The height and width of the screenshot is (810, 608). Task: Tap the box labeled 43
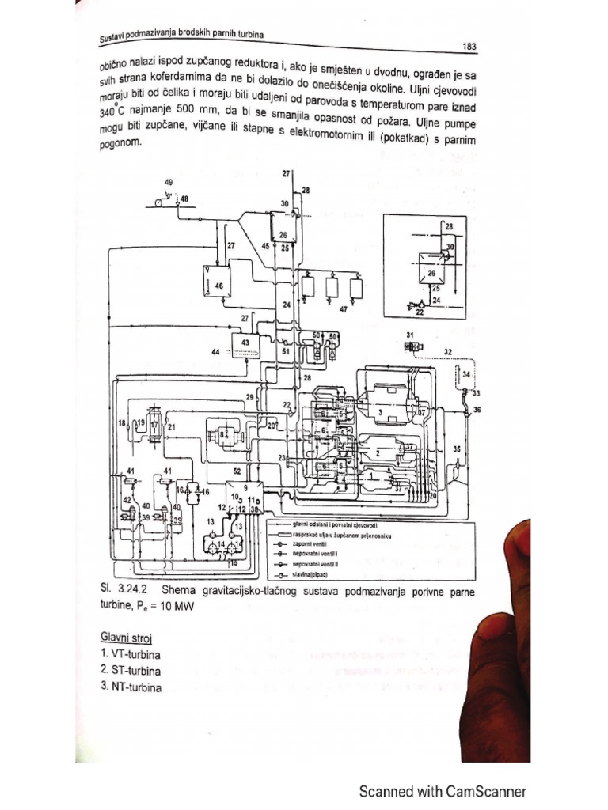tap(245, 343)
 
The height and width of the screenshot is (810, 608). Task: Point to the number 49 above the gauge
tap(169, 182)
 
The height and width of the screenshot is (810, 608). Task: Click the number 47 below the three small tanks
tap(343, 310)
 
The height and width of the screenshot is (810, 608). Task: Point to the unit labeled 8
tap(224, 433)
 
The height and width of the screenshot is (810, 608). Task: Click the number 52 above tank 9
tap(236, 471)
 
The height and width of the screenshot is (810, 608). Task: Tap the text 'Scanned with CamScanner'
tap(443, 791)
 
